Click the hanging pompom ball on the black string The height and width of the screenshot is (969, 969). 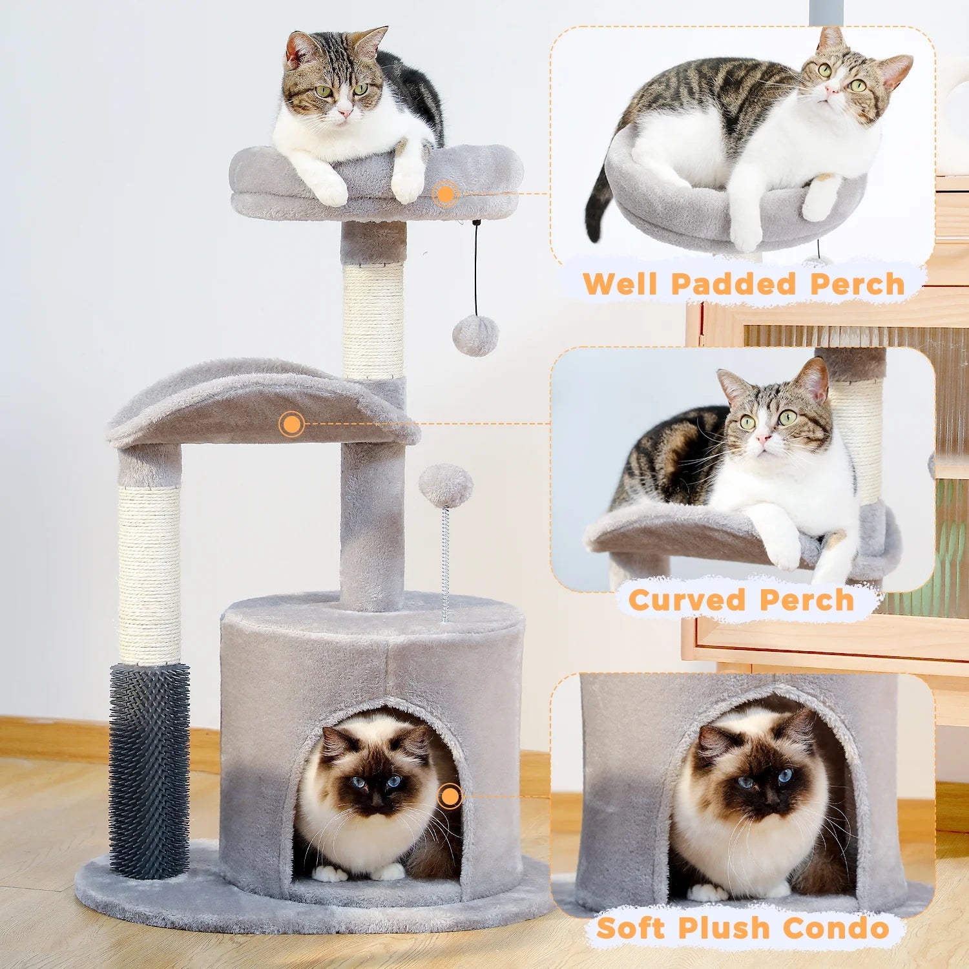tap(475, 336)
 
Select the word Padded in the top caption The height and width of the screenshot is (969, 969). tap(733, 284)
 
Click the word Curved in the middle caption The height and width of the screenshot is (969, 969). tap(687, 600)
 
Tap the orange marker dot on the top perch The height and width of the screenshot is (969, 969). tap(445, 194)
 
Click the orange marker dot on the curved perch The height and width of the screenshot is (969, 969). tap(292, 424)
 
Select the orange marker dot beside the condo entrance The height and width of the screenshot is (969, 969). tap(450, 796)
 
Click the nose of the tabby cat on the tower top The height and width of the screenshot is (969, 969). tap(345, 114)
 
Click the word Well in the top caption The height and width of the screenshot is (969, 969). tap(620, 284)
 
